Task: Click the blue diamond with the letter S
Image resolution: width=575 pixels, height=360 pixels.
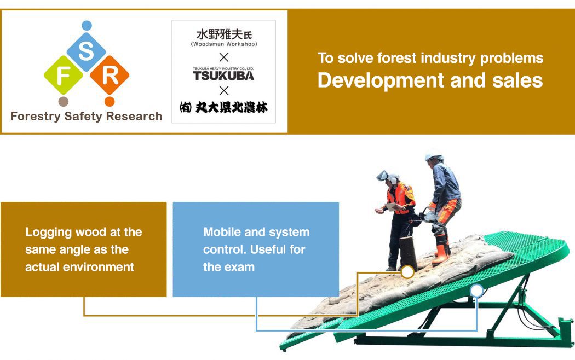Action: pos(86,51)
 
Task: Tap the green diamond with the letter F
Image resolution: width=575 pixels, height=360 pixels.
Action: pos(64,75)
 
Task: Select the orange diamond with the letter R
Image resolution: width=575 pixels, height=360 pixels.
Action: pos(110,75)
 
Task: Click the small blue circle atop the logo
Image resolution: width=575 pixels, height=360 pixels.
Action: pos(87,26)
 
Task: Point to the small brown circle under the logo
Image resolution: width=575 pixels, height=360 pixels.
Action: pos(64,101)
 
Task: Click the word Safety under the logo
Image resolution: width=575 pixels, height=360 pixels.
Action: pos(83,117)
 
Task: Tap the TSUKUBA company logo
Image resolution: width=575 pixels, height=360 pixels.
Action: pos(223,74)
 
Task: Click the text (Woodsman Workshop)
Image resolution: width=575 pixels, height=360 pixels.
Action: pos(223,44)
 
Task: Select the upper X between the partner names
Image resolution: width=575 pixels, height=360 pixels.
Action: pos(223,57)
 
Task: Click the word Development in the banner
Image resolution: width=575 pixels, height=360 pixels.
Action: pos(381,80)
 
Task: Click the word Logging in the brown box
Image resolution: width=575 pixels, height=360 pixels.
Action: pos(48,233)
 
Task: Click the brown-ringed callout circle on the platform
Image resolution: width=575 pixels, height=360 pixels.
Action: pos(407,272)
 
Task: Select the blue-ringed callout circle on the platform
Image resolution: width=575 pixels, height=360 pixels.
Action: pos(477,291)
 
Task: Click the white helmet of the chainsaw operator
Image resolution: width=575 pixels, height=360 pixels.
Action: pos(434,156)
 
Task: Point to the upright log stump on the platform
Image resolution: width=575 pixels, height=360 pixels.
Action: pos(408,252)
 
